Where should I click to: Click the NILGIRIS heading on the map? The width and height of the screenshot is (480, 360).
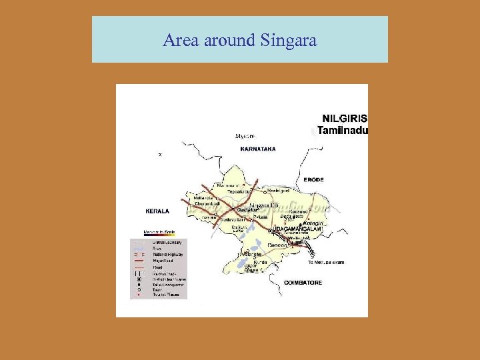[345, 119]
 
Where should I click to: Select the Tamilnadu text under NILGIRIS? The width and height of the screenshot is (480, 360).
[343, 131]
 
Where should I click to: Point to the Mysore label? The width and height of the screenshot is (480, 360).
[245, 136]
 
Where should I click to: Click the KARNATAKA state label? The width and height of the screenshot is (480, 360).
[258, 149]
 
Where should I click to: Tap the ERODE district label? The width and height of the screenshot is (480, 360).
[313, 180]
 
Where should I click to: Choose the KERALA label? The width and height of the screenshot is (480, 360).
[157, 211]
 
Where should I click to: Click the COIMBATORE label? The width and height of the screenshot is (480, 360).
[303, 283]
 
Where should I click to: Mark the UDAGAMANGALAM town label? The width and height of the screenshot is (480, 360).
[297, 229]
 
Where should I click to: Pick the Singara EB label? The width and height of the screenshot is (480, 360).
[263, 205]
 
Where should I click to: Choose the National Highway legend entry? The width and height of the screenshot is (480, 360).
[168, 255]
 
